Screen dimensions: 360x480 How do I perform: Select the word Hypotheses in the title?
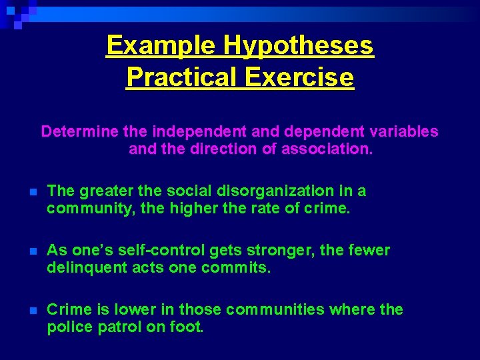pos(299,46)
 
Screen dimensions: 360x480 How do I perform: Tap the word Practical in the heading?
pos(182,77)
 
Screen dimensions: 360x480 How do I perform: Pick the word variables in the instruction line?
pos(404,131)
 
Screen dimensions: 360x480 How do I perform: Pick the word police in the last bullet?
pos(67,327)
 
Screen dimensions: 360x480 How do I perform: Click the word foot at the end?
pos(189,327)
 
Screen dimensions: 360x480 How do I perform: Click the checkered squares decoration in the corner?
pos(17,13)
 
